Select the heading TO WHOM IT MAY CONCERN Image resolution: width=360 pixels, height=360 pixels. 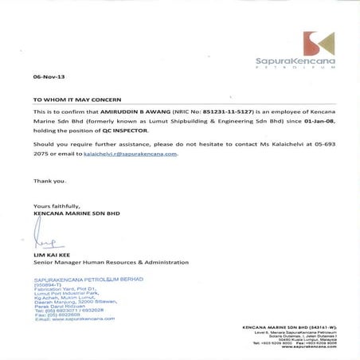[77, 101]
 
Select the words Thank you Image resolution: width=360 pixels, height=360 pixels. [48, 181]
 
